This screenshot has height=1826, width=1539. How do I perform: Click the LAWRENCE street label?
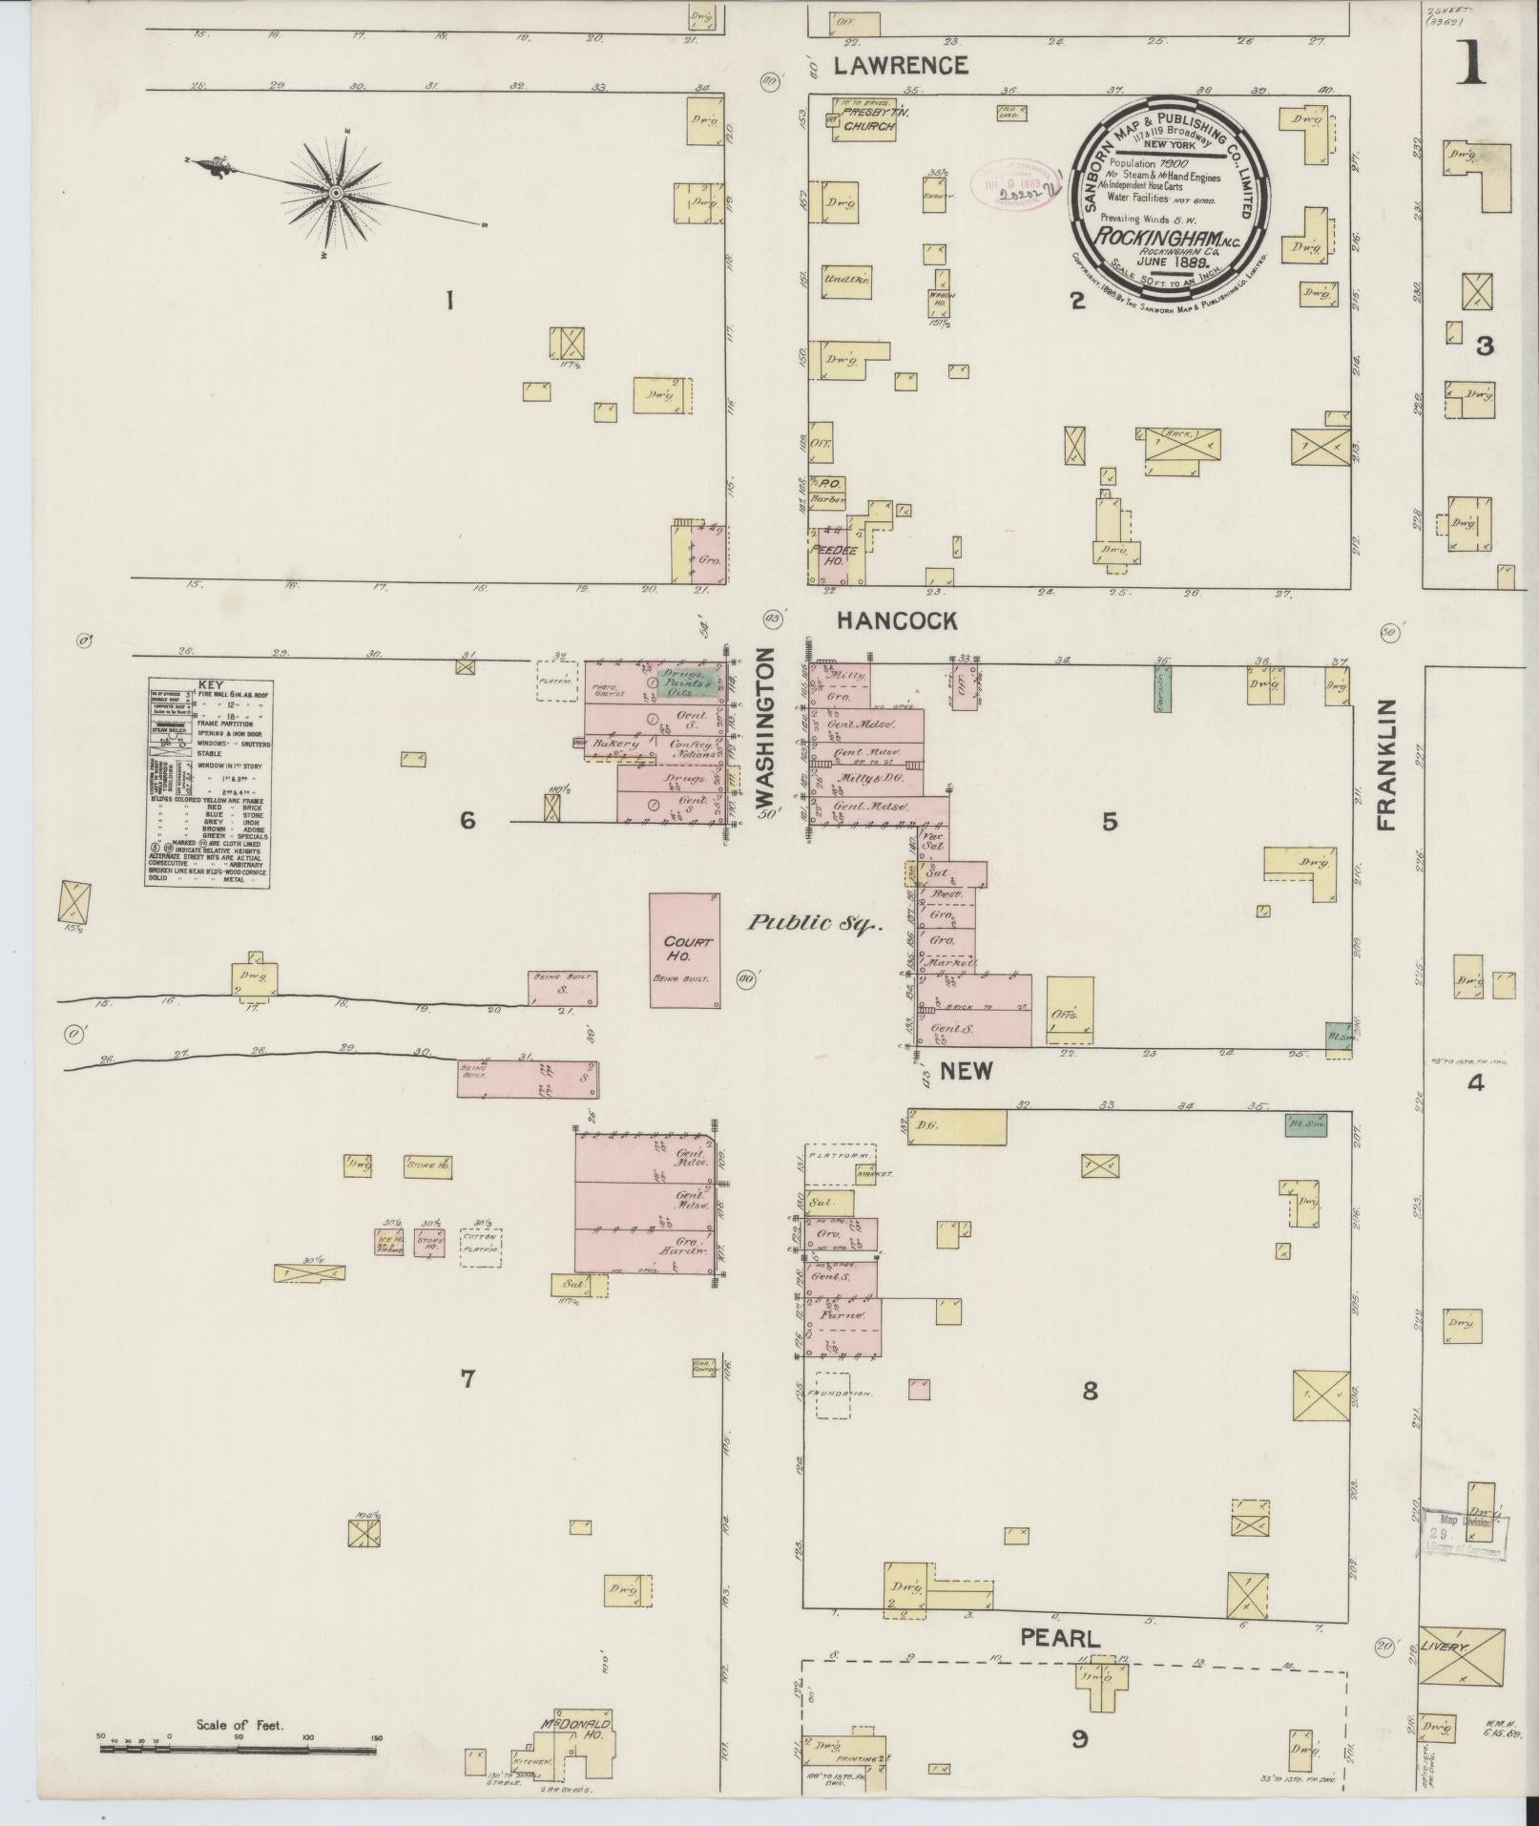[x=901, y=65]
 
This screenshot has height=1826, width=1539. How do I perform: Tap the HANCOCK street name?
[x=896, y=621]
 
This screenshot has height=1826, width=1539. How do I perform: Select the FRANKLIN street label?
[x=1386, y=764]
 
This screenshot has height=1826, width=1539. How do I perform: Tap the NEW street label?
[x=966, y=1070]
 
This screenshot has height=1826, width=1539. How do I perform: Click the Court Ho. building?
[x=684, y=950]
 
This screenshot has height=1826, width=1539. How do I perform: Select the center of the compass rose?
[x=336, y=194]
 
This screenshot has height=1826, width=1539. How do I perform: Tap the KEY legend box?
[x=208, y=783]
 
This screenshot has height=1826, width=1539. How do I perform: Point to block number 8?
[x=1090, y=1392]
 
